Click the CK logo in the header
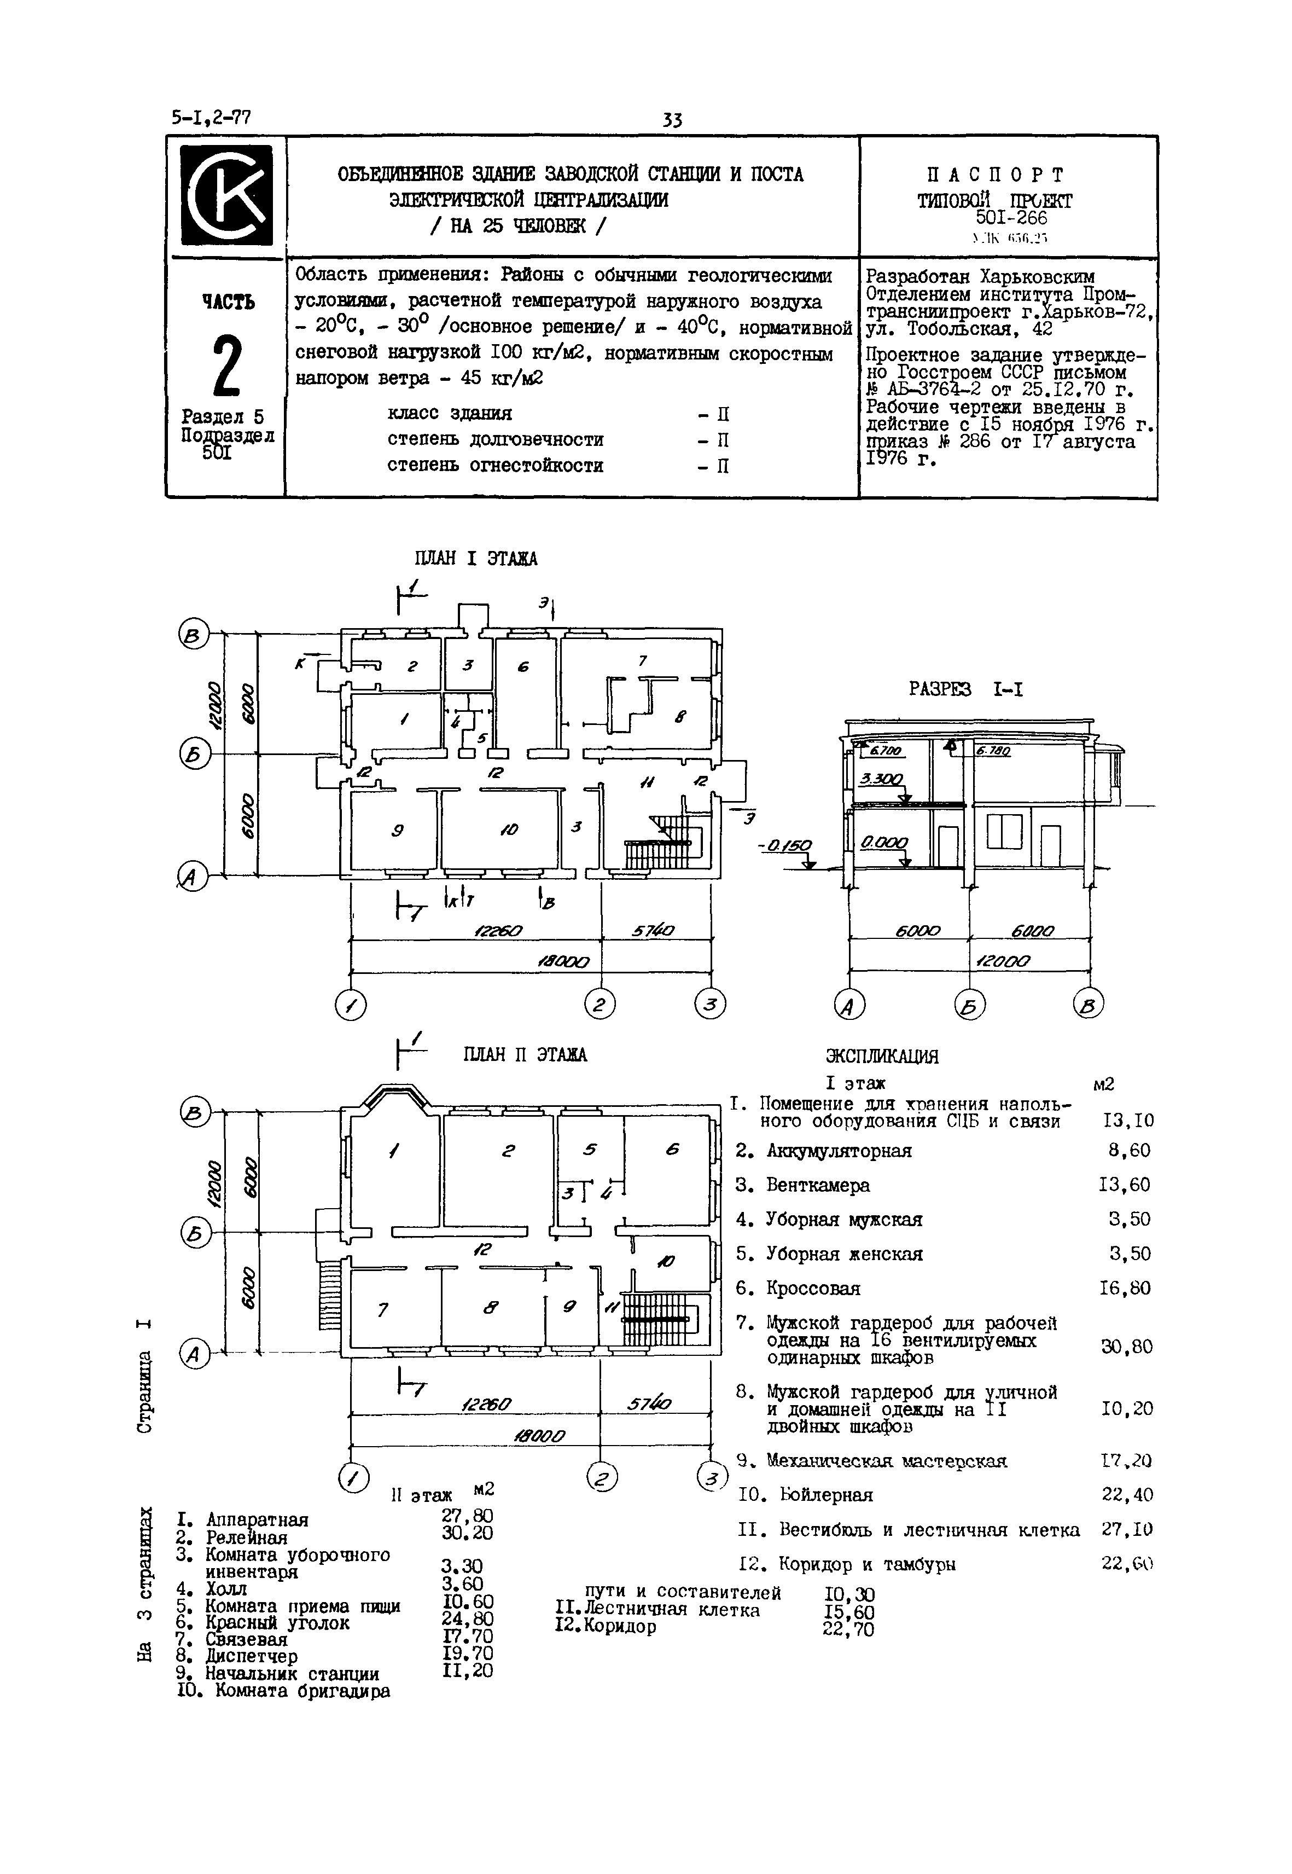coord(226,195)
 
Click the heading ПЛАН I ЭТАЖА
coord(475,559)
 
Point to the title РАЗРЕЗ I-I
coord(966,690)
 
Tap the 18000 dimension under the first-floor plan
coord(564,962)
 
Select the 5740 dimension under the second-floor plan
coord(649,1403)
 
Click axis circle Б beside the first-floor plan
coord(194,755)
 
